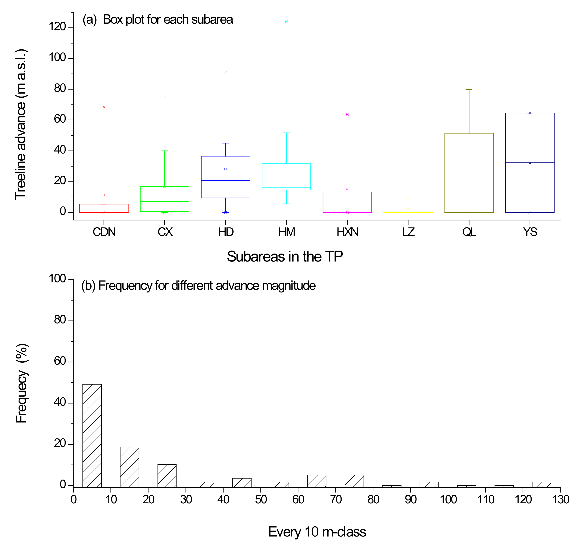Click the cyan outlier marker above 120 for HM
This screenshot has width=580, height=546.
tap(286, 22)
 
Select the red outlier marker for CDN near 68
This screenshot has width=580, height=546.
tap(104, 107)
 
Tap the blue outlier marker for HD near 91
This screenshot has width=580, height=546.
tap(226, 72)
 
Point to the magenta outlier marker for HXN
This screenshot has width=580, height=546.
tap(347, 115)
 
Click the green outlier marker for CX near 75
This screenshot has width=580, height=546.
tap(165, 97)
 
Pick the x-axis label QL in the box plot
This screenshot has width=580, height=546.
tap(469, 232)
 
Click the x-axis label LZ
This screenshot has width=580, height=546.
tap(408, 232)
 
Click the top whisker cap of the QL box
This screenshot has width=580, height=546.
tap(469, 89)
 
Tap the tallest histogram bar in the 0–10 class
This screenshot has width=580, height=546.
tap(92, 436)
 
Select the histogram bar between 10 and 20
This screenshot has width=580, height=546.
tap(129, 467)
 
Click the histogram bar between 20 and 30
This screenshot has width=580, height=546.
tap(167, 475)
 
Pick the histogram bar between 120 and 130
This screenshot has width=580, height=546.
tap(542, 484)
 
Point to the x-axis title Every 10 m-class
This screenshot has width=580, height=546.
tap(317, 532)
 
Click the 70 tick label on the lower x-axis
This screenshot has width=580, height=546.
tap(336, 499)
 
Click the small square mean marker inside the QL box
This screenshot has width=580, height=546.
tap(469, 172)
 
